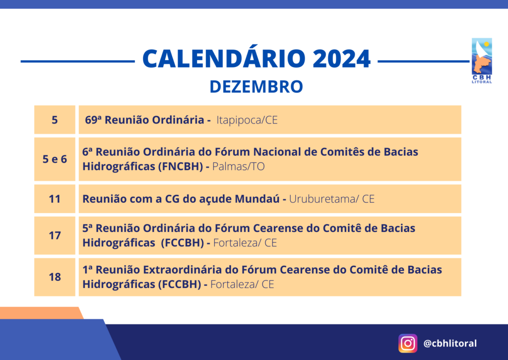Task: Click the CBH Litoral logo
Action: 482,60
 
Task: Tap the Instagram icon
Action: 408,343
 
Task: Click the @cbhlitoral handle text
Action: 450,343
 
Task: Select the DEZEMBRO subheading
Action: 256,87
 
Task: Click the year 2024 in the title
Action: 341,59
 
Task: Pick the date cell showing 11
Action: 55,199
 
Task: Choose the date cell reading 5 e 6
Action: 55,159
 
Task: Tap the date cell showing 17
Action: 55,236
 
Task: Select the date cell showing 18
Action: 55,277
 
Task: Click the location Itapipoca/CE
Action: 247,120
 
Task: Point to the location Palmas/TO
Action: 239,167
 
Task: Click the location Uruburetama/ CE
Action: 332,199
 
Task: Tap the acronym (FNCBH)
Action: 181,167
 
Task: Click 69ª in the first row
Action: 93,120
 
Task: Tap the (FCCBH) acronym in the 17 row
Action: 183,243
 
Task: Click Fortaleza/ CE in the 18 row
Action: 242,284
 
